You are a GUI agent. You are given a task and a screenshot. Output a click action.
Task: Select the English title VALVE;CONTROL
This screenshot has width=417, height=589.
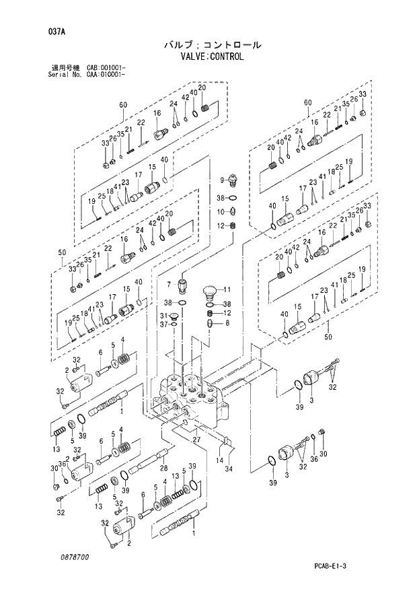point(212,57)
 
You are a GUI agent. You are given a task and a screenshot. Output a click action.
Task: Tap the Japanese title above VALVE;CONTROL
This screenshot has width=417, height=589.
point(212,44)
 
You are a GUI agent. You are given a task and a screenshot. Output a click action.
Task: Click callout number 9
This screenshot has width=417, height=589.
point(221,180)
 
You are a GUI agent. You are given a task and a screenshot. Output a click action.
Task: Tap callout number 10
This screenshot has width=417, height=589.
point(220,212)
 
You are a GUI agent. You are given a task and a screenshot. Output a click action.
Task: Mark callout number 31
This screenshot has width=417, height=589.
point(163,316)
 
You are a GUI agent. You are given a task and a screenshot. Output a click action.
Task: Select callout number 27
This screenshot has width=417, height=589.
point(196,439)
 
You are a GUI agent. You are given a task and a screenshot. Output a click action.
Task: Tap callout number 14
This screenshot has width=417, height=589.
point(219,460)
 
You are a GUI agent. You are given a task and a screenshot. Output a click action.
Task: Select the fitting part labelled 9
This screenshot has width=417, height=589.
point(232,181)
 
